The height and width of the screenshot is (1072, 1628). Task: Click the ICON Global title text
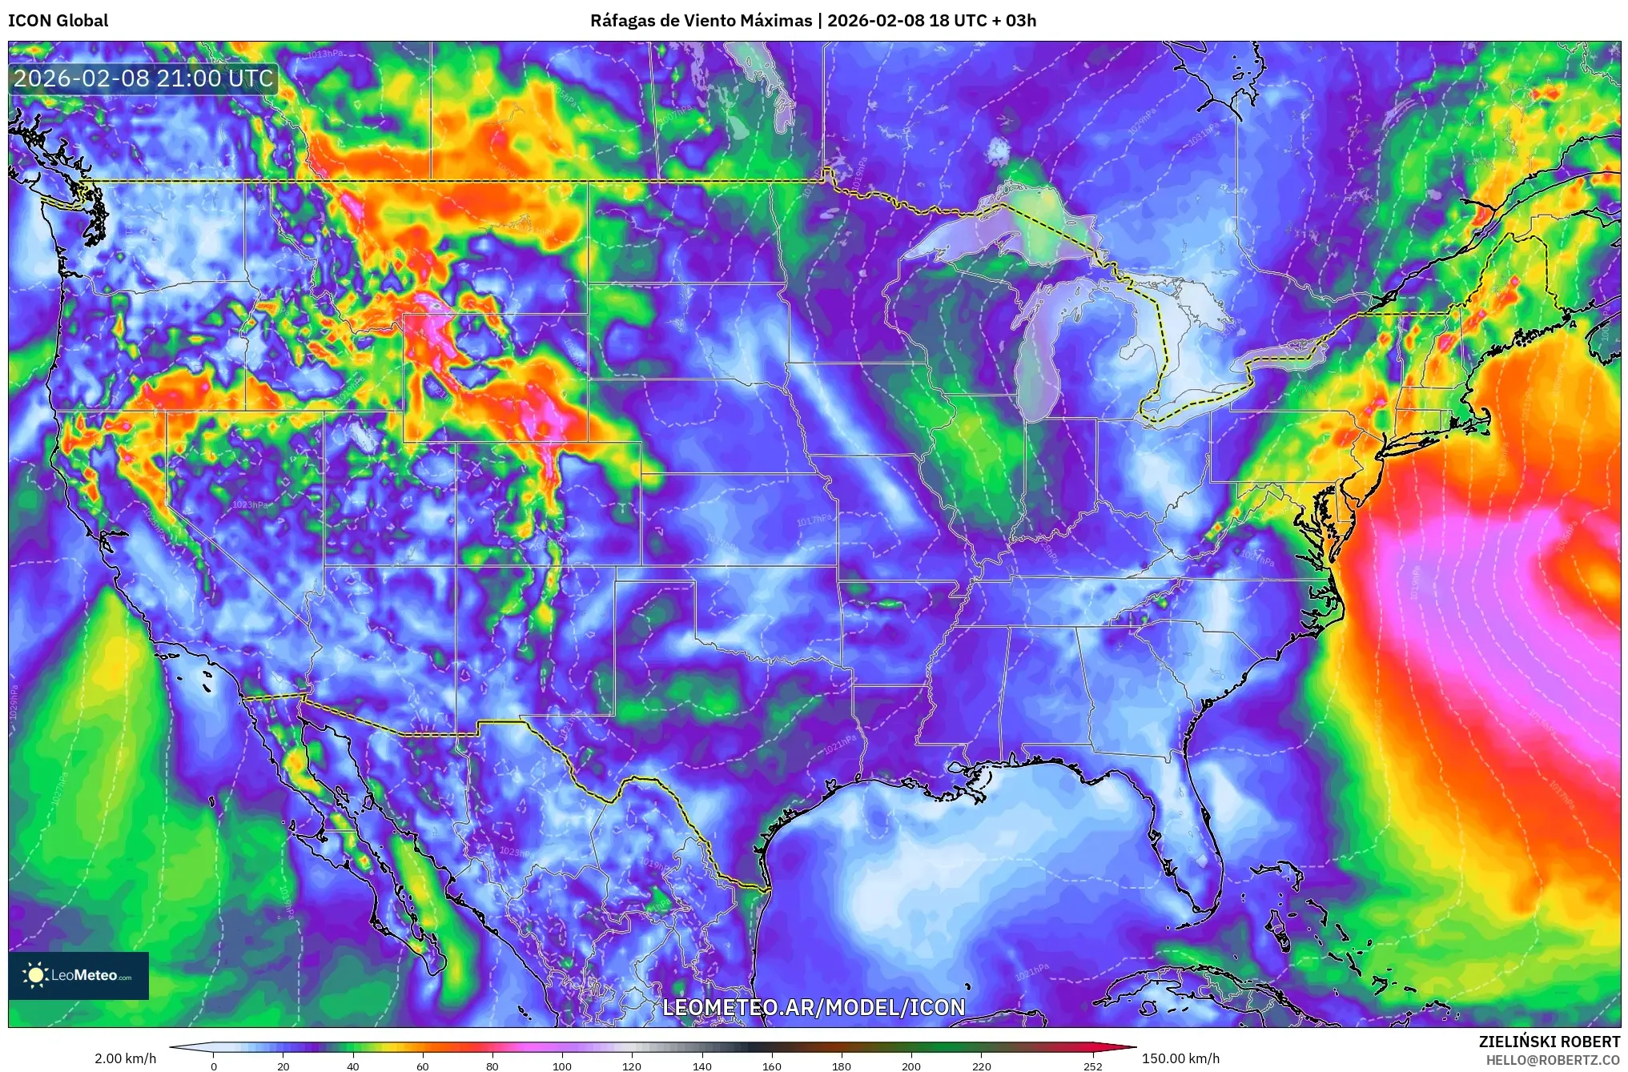click(58, 21)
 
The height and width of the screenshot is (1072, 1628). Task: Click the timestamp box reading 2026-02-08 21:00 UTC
click(143, 78)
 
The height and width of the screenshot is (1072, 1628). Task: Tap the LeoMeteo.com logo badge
click(78, 975)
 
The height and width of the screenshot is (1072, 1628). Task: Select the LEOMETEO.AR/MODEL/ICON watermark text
click(814, 1007)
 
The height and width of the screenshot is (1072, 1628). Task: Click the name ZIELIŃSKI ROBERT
click(1549, 1042)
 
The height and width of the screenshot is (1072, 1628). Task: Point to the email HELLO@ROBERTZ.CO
click(1553, 1060)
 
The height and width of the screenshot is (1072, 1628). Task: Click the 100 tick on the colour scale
click(562, 1066)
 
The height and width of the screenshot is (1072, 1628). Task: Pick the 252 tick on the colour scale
click(1093, 1066)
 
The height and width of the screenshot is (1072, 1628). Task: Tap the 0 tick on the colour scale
click(213, 1066)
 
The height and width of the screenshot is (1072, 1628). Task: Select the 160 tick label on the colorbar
click(772, 1066)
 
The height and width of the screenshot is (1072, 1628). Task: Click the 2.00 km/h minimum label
click(126, 1058)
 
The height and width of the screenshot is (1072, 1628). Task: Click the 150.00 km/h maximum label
click(1180, 1058)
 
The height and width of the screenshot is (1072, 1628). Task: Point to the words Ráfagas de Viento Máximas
click(701, 21)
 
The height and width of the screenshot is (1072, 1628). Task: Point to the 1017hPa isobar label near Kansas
click(814, 520)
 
